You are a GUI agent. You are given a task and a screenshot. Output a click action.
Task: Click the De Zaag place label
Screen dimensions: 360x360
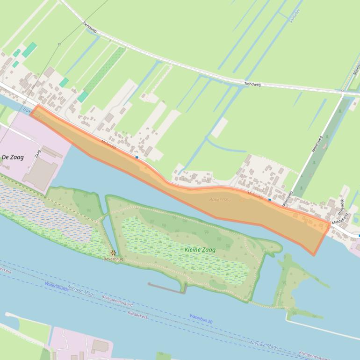[x=13, y=157]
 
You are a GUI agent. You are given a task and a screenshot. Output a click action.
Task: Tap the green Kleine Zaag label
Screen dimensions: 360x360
[x=200, y=250]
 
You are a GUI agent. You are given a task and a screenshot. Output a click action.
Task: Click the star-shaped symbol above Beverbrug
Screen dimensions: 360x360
[x=113, y=252]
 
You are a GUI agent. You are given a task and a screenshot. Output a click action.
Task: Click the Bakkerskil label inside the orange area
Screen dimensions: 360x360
[x=218, y=200]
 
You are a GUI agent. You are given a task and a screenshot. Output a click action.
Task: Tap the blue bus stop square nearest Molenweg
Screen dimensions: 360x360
[x=269, y=200]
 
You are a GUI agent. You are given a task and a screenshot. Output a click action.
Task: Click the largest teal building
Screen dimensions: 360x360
[x=29, y=50]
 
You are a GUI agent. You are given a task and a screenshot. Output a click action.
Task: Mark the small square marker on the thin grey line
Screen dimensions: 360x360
[x=59, y=44]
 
